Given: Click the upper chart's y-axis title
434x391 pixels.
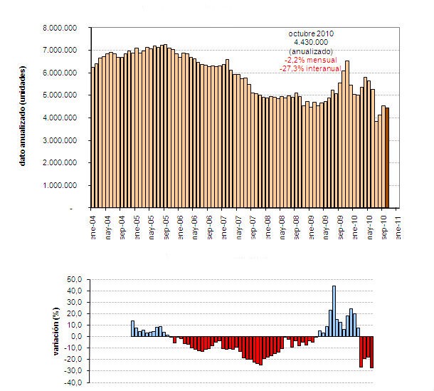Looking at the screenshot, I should [23, 118].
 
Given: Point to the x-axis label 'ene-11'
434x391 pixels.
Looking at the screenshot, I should [399, 226].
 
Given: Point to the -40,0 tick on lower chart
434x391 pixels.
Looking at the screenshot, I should [75, 382].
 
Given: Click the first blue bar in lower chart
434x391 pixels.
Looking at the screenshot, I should [132, 328].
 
